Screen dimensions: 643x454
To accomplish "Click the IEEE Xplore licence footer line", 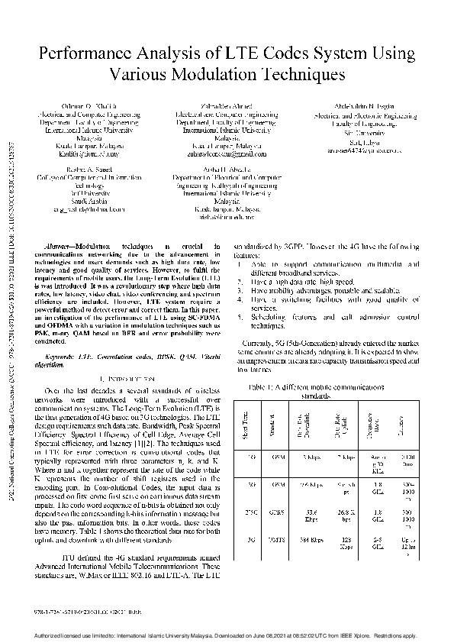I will tap(227, 635).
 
